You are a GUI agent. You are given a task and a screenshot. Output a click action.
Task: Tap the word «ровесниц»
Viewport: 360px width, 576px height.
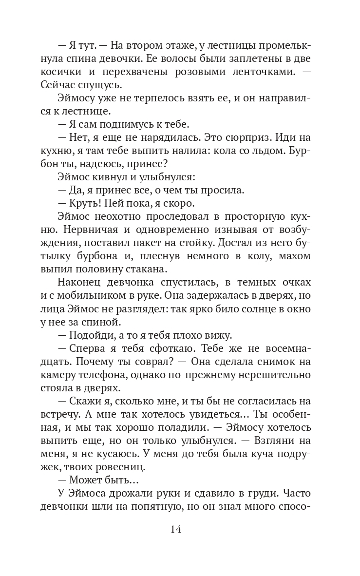pos(130,467)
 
